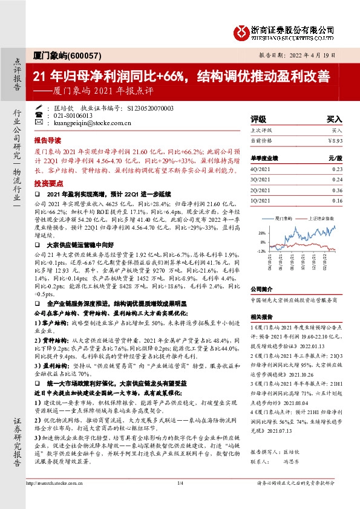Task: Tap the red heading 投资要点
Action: point(47,182)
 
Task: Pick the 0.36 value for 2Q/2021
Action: point(337,190)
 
